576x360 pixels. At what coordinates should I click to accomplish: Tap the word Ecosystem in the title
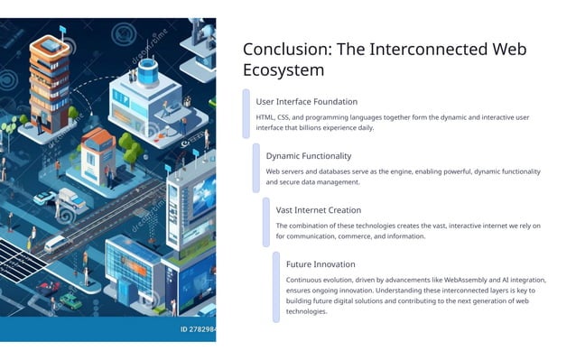click(283, 70)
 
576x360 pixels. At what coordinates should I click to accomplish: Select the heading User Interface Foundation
click(306, 102)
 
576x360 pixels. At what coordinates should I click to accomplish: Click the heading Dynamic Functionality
click(312, 156)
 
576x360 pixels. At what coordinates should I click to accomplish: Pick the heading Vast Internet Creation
click(318, 210)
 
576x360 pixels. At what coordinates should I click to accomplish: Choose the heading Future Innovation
click(321, 264)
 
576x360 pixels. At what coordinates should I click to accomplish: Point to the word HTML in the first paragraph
click(266, 117)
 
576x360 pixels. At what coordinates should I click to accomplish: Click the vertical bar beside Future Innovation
click(276, 286)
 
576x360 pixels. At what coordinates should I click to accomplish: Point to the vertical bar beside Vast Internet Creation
click(266, 222)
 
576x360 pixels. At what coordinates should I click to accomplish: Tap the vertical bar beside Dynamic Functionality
click(256, 167)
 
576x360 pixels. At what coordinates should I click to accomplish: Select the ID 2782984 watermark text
click(197, 329)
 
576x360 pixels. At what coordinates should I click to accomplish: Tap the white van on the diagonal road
click(54, 243)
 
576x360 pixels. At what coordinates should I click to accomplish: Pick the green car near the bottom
click(70, 300)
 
